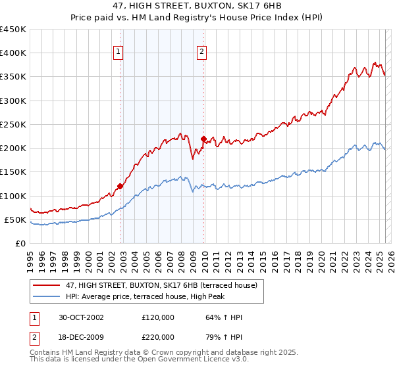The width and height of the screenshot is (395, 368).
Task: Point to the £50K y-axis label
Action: [14, 219]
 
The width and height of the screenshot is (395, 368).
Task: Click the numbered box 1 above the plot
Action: [118, 52]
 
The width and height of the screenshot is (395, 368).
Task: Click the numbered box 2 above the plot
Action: [201, 52]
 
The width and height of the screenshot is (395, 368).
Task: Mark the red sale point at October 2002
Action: [120, 186]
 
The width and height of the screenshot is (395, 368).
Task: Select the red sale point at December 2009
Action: [203, 139]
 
